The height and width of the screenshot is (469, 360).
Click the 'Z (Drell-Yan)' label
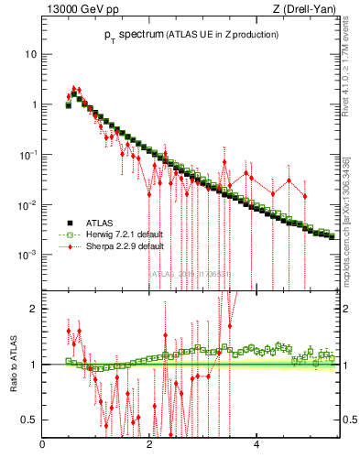click(x=309, y=10)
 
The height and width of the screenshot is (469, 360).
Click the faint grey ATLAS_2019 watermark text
click(x=193, y=272)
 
